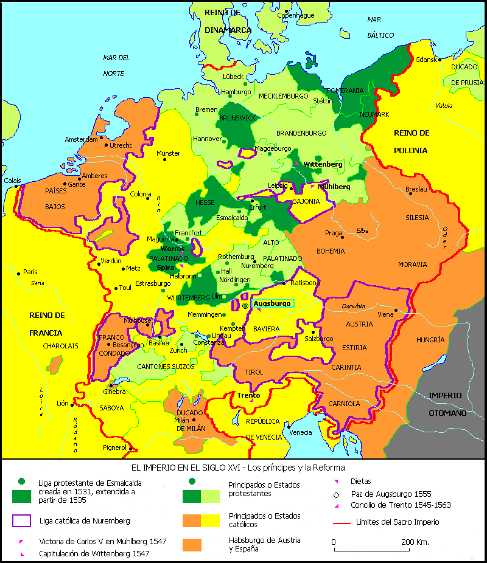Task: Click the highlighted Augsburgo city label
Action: tap(272, 303)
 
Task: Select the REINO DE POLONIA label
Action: tap(411, 142)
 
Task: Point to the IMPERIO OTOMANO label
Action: tap(447, 404)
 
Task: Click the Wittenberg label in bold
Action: tap(323, 164)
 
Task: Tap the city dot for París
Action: tap(19, 272)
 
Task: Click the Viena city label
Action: tap(386, 314)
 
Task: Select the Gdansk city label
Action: tap(426, 60)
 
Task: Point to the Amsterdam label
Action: tap(82, 139)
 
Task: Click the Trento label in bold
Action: tap(248, 395)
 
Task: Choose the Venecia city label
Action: tap(301, 432)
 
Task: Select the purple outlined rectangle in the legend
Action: tap(21, 521)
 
